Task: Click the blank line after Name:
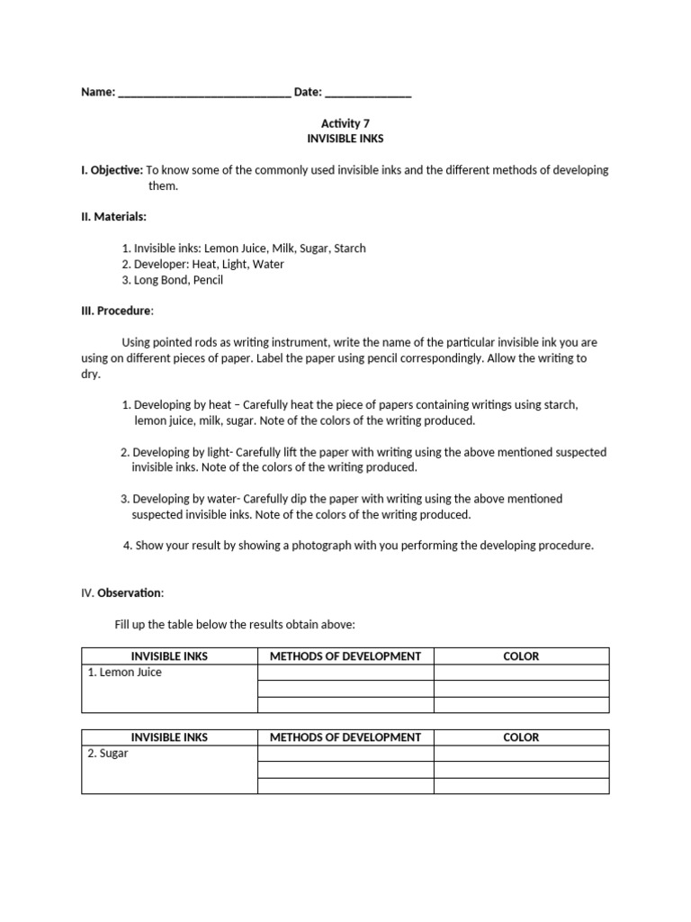pyautogui.click(x=204, y=93)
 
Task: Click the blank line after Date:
pyautogui.click(x=368, y=93)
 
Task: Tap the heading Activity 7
pyautogui.click(x=345, y=123)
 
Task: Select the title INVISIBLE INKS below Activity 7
pyautogui.click(x=345, y=140)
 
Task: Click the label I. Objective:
pyautogui.click(x=112, y=170)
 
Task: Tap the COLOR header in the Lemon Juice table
pyautogui.click(x=521, y=656)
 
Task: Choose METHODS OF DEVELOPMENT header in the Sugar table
pyautogui.click(x=345, y=737)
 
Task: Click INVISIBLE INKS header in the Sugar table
pyautogui.click(x=169, y=737)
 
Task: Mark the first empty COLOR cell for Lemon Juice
pyautogui.click(x=521, y=673)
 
